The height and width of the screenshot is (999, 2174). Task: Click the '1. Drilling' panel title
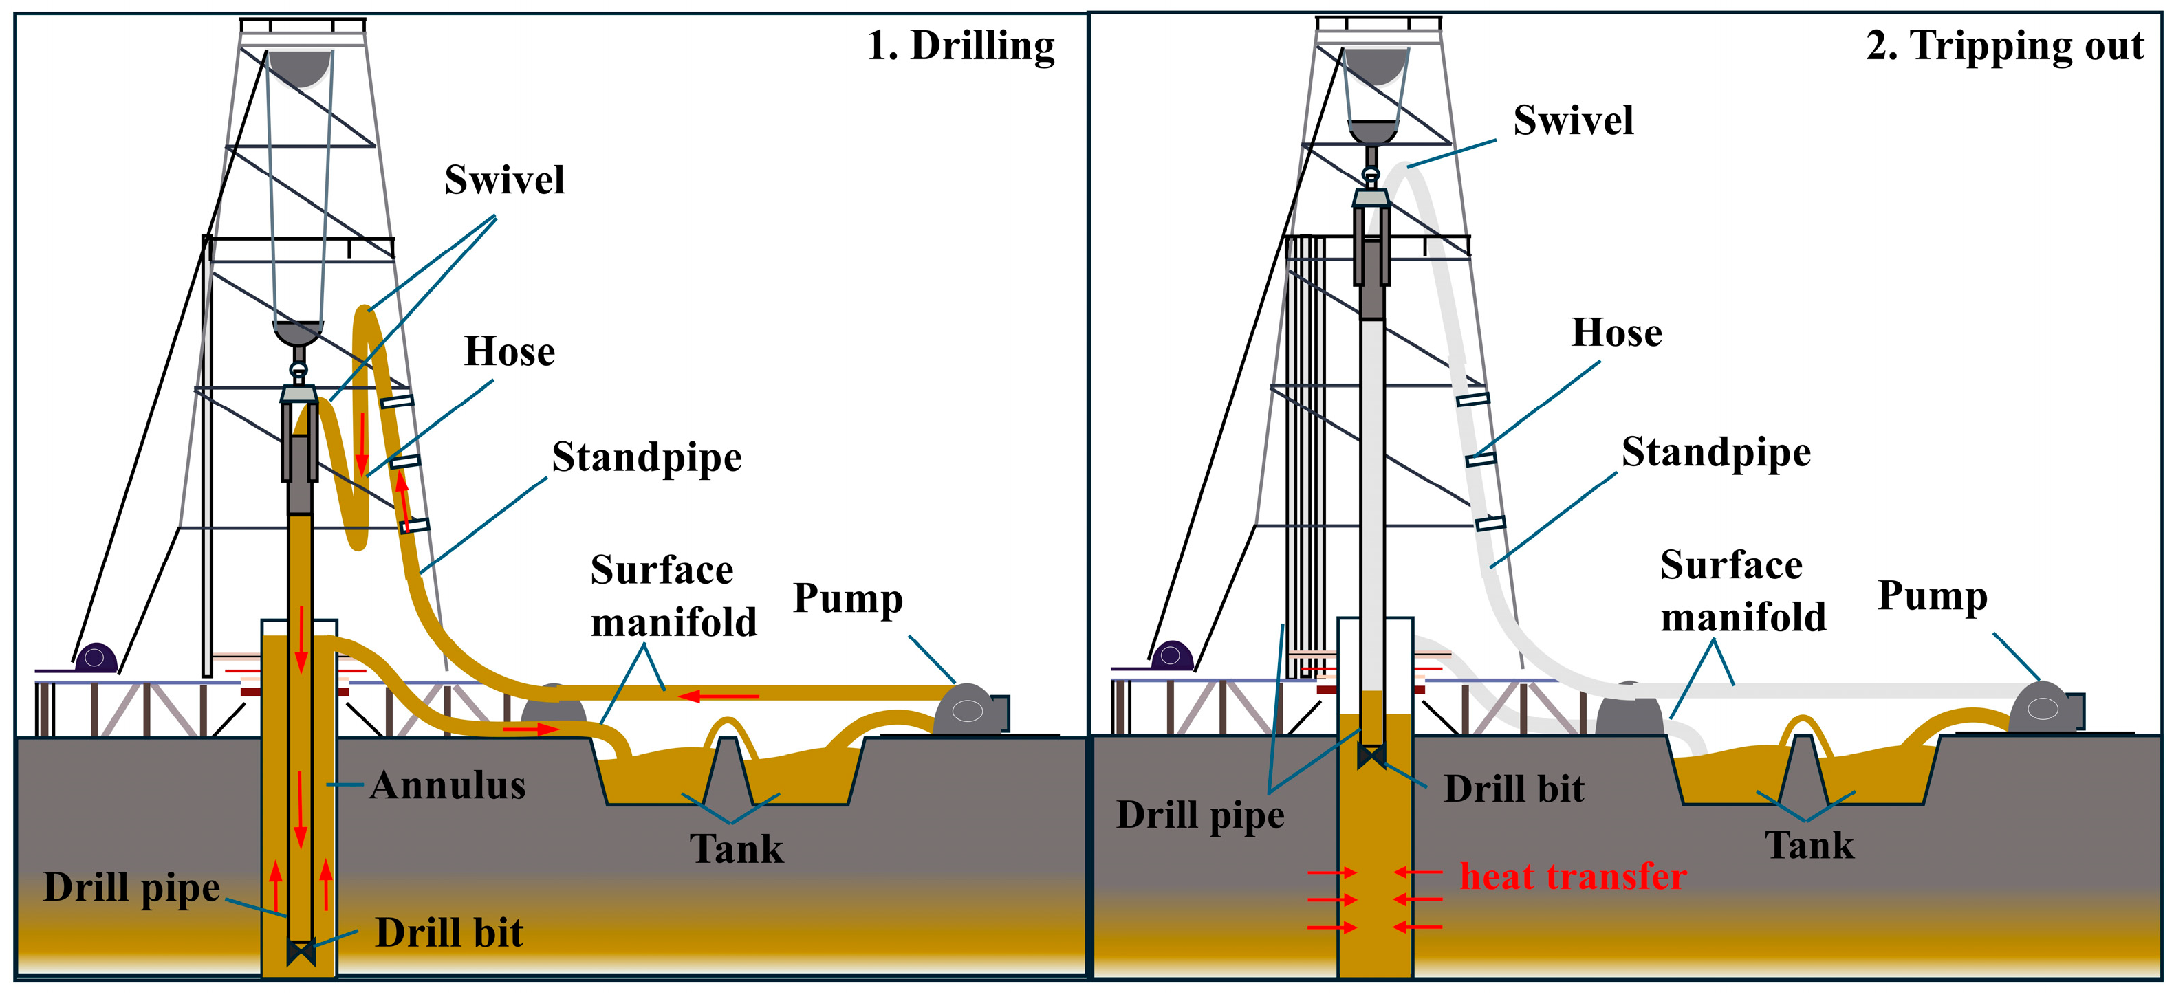pyautogui.click(x=960, y=46)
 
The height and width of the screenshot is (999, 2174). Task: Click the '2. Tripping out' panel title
pyautogui.click(x=2004, y=46)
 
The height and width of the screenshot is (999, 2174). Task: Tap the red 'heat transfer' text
pyautogui.click(x=1573, y=877)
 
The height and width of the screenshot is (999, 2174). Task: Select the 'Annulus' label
pyautogui.click(x=447, y=786)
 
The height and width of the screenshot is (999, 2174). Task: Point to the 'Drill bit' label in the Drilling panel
pyautogui.click(x=449, y=933)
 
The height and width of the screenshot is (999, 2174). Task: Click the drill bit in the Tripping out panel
pyautogui.click(x=1371, y=756)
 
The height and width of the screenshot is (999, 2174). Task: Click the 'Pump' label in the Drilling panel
pyautogui.click(x=848, y=599)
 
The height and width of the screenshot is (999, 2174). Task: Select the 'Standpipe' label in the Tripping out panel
pyautogui.click(x=1716, y=453)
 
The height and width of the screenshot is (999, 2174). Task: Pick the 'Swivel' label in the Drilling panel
pyautogui.click(x=505, y=179)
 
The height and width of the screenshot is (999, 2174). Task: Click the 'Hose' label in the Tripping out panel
pyautogui.click(x=1616, y=333)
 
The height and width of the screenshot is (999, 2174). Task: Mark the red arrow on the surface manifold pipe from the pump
pyautogui.click(x=718, y=696)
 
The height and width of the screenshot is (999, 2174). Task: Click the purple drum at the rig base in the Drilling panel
pyautogui.click(x=96, y=658)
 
